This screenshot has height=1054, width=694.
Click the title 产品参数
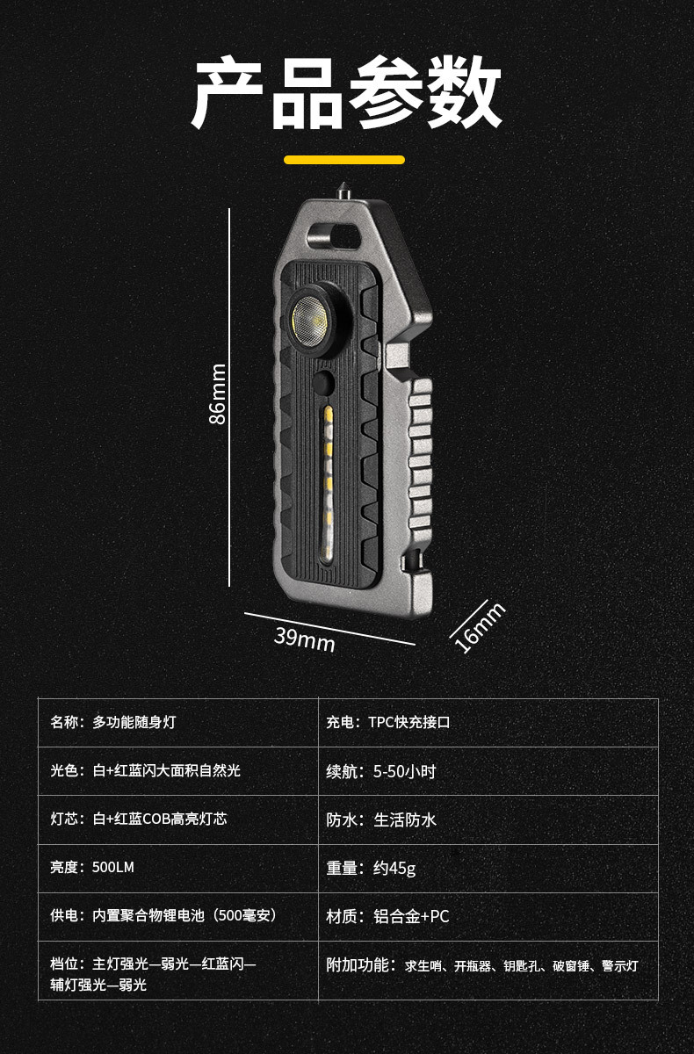click(x=346, y=95)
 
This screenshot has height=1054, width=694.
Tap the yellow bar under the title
click(x=344, y=160)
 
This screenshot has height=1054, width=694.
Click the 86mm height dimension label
click(x=218, y=394)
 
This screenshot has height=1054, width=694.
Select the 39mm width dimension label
click(x=304, y=639)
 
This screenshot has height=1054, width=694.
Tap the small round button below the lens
click(x=324, y=384)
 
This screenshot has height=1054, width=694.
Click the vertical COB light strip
click(x=327, y=483)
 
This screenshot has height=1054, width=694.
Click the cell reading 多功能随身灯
click(x=134, y=723)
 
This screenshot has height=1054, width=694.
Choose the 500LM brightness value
click(x=112, y=867)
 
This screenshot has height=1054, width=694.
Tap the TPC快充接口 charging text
click(x=409, y=723)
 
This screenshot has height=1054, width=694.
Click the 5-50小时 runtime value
click(x=404, y=772)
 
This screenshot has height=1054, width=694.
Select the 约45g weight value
click(x=394, y=868)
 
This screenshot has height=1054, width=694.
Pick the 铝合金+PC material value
click(x=411, y=916)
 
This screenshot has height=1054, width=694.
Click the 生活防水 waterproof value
click(x=405, y=819)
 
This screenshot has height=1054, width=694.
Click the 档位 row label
click(x=67, y=964)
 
